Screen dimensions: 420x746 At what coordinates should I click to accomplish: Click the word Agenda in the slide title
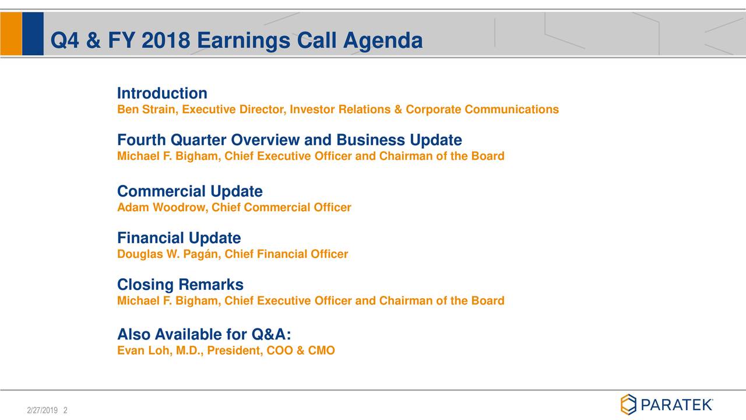pyautogui.click(x=382, y=41)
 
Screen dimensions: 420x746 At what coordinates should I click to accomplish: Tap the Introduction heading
pyautogui.click(x=162, y=93)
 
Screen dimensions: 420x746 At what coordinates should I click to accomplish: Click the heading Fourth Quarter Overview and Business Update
pyautogui.click(x=289, y=140)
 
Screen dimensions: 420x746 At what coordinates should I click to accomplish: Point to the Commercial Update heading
pyautogui.click(x=189, y=191)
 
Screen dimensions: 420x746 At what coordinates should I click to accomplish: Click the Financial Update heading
pyautogui.click(x=178, y=238)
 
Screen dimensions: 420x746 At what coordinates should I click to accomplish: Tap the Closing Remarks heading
pyautogui.click(x=180, y=285)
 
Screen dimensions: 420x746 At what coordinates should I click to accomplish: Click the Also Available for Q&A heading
pyautogui.click(x=203, y=335)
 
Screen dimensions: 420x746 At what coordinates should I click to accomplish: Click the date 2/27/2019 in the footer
pyautogui.click(x=42, y=411)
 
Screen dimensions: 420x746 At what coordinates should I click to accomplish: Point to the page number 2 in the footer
pyautogui.click(x=65, y=411)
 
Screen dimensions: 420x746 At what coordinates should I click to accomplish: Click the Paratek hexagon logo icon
pyautogui.click(x=628, y=404)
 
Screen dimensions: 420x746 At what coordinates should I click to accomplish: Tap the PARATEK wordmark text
pyautogui.click(x=676, y=404)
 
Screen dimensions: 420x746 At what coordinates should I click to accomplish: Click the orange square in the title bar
pyautogui.click(x=10, y=34)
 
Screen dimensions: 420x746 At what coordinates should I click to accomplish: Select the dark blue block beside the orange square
pyautogui.click(x=33, y=34)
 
